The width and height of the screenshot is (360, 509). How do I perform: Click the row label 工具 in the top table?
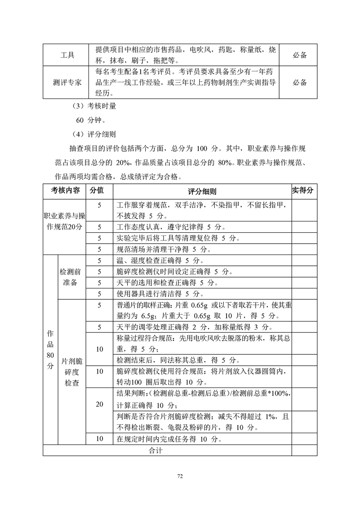[x=68, y=55]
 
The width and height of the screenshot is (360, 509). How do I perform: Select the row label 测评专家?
[x=68, y=82]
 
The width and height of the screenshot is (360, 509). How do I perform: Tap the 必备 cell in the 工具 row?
[x=300, y=55]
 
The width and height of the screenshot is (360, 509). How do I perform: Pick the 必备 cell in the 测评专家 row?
[x=300, y=82]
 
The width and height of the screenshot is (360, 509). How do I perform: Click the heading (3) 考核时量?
[x=88, y=107]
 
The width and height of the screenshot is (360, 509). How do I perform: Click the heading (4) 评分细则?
[x=88, y=134]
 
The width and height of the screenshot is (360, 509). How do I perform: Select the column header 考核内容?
[x=65, y=191]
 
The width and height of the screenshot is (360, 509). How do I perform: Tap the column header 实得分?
[x=303, y=191]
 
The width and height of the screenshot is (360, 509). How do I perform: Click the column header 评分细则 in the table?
[x=202, y=191]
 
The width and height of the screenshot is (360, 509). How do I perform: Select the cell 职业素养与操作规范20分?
[x=65, y=221]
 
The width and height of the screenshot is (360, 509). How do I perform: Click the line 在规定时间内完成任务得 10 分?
[x=169, y=439]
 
